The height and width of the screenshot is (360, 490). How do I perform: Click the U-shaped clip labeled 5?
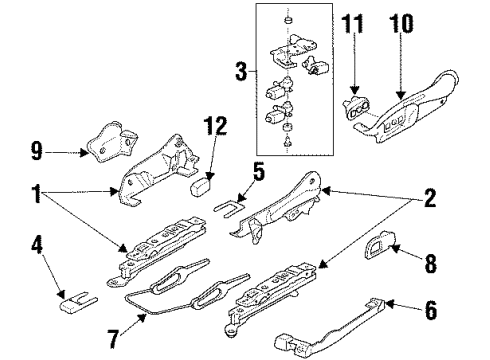[x=230, y=207]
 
